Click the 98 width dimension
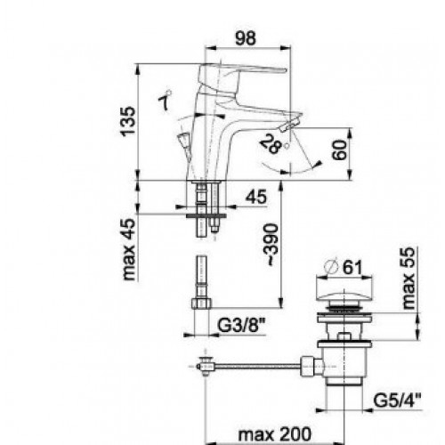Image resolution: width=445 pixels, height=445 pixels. point(246,38)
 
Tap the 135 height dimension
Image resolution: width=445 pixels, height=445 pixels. point(128,121)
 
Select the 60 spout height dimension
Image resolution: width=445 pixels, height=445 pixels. point(339,150)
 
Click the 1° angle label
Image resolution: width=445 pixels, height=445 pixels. point(165,100)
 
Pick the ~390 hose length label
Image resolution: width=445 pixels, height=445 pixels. point(271,245)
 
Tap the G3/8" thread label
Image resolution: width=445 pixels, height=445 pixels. point(241,326)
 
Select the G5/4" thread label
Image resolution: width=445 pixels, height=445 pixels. point(397,401)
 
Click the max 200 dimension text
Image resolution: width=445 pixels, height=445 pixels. point(275,434)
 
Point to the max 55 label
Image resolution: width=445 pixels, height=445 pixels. point(409,279)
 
